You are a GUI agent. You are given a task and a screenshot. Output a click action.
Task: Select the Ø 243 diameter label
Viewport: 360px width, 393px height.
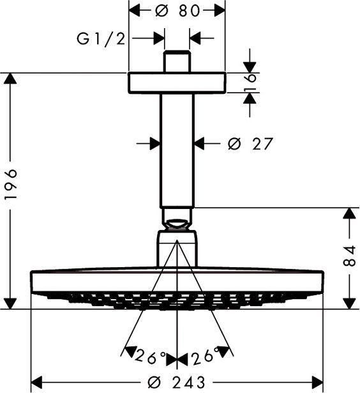coord(177,381)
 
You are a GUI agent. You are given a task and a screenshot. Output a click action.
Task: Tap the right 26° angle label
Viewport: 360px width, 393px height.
coord(203,354)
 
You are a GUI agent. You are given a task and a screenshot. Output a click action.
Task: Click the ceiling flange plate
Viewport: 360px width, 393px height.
coord(177,83)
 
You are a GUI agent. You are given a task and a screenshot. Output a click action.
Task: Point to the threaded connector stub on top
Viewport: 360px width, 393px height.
coord(177,62)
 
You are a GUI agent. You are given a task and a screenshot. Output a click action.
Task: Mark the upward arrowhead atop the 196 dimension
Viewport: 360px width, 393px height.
coord(10,81)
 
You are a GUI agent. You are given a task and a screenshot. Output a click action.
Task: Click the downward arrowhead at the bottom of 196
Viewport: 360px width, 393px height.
coord(10,302)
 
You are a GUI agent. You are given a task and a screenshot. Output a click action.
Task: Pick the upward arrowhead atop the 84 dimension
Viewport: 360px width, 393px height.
coord(349,215)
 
